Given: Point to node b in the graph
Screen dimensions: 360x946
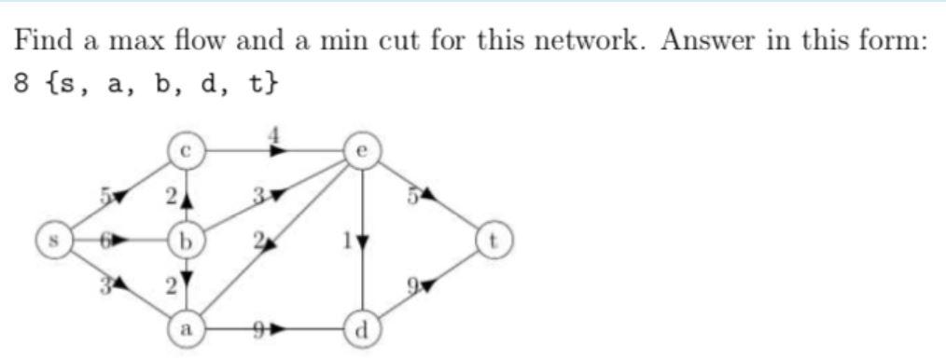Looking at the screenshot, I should click(186, 242).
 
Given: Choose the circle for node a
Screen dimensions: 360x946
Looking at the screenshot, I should click(186, 328).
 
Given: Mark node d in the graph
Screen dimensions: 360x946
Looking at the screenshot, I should click(362, 328).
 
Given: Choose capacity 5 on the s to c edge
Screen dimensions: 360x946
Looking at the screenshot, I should click(109, 195).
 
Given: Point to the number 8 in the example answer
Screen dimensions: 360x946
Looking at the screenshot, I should click(21, 84).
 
